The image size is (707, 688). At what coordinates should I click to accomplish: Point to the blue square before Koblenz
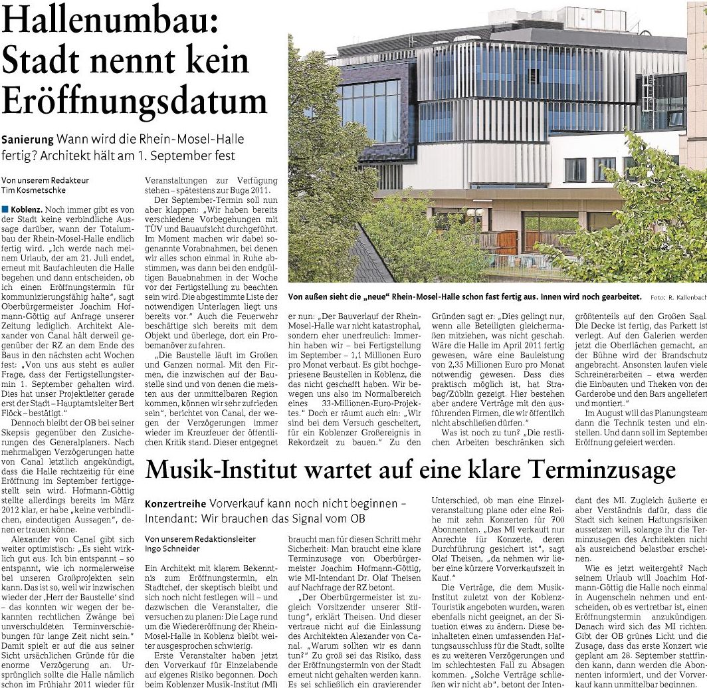pyautogui.click(x=5, y=210)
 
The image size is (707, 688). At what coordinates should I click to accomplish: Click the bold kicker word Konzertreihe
pyautogui.click(x=174, y=505)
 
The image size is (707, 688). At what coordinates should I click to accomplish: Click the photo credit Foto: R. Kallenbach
pyautogui.click(x=678, y=297)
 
